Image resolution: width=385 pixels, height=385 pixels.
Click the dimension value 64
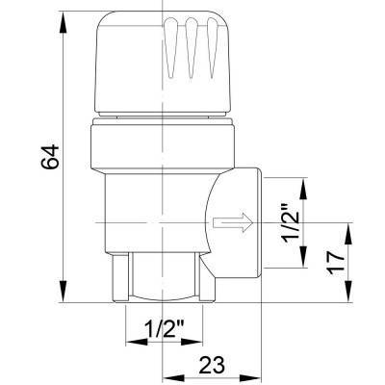[x=50, y=157]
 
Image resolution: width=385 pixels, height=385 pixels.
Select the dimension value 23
[x=212, y=364]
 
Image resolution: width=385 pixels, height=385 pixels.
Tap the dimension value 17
[x=336, y=263]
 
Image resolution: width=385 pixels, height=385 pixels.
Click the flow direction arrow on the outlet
[x=233, y=222]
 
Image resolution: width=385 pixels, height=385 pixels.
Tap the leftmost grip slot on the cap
[x=170, y=47]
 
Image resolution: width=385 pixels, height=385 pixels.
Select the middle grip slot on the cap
[x=192, y=47]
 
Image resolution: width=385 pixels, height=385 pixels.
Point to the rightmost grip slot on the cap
[x=212, y=47]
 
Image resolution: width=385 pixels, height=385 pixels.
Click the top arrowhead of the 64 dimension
[x=64, y=22]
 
